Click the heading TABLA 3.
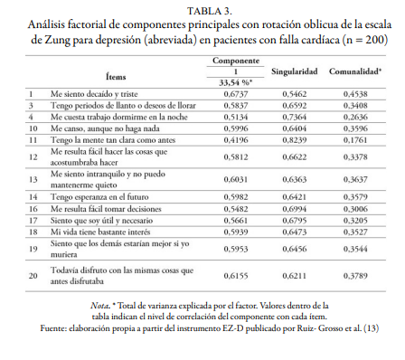(x=202, y=9)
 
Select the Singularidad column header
(x=294, y=70)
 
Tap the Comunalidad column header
(x=354, y=70)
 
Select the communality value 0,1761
(x=354, y=141)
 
